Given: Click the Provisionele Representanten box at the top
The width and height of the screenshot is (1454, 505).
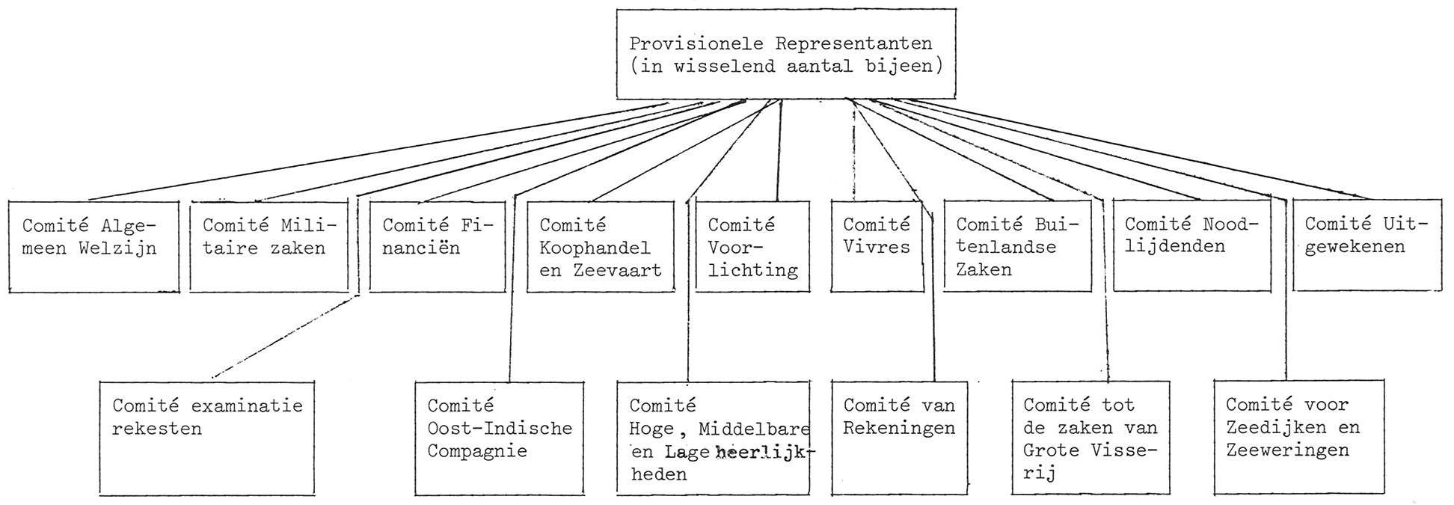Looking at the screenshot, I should coord(785,54).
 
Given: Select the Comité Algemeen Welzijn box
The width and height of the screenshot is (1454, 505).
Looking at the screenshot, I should coord(94,246).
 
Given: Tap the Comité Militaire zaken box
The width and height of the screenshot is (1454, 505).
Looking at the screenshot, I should coord(269,246).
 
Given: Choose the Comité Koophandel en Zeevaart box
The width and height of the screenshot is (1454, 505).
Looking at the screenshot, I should coord(601,246).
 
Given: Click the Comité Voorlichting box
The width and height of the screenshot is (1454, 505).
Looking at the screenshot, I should coord(752,246).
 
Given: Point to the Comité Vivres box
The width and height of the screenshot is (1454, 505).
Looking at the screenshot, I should coord(877,246).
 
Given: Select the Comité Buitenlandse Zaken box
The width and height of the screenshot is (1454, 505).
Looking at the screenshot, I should coord(1017,246).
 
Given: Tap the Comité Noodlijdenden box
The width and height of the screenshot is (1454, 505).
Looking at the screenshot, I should coord(1192,246).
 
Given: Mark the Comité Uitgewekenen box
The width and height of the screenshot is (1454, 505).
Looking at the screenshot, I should coord(1367,246).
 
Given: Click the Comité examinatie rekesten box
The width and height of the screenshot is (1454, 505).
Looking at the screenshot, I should coord(207,438).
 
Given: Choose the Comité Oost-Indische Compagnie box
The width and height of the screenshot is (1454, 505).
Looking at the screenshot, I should coord(500,438).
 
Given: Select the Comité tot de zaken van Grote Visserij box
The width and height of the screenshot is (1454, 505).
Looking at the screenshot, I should coord(1090,438).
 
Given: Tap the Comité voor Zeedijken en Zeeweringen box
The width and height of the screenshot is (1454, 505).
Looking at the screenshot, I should coord(1299,438).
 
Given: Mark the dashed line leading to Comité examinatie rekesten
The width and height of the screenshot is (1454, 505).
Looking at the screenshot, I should coord(284,337).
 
